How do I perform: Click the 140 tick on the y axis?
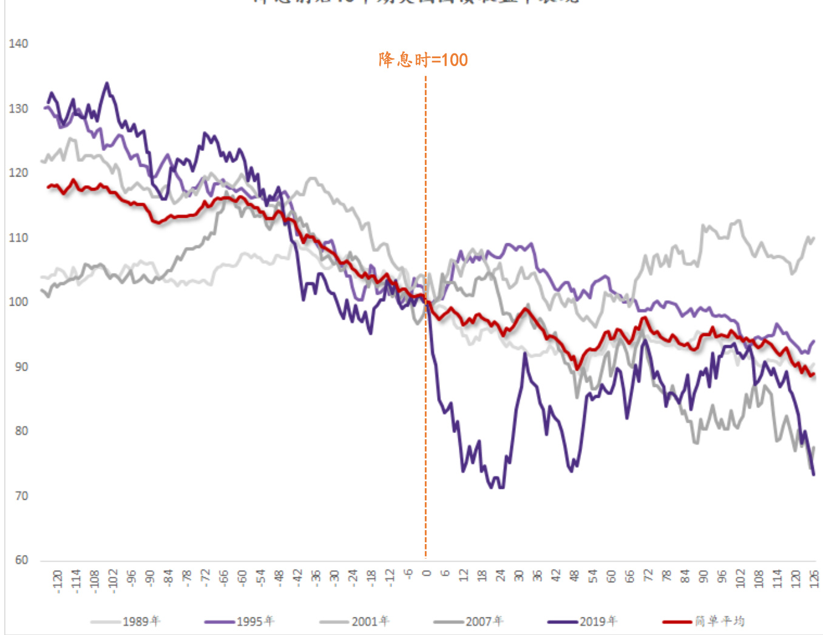pyautogui.click(x=18, y=44)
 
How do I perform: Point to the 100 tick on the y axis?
pyautogui.click(x=18, y=302)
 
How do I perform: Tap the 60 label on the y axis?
pyautogui.click(x=21, y=560)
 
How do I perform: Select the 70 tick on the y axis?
pyautogui.click(x=21, y=496)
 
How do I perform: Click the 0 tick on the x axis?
pyautogui.click(x=426, y=574)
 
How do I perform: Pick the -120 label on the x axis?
pyautogui.click(x=58, y=581)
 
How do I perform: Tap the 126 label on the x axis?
pyautogui.click(x=814, y=579)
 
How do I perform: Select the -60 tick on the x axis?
pyautogui.click(x=242, y=578)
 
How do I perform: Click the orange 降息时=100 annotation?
pyautogui.click(x=423, y=59)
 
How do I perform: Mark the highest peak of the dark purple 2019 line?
pyautogui.click(x=107, y=83)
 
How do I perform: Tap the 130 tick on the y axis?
pyautogui.click(x=18, y=109)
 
